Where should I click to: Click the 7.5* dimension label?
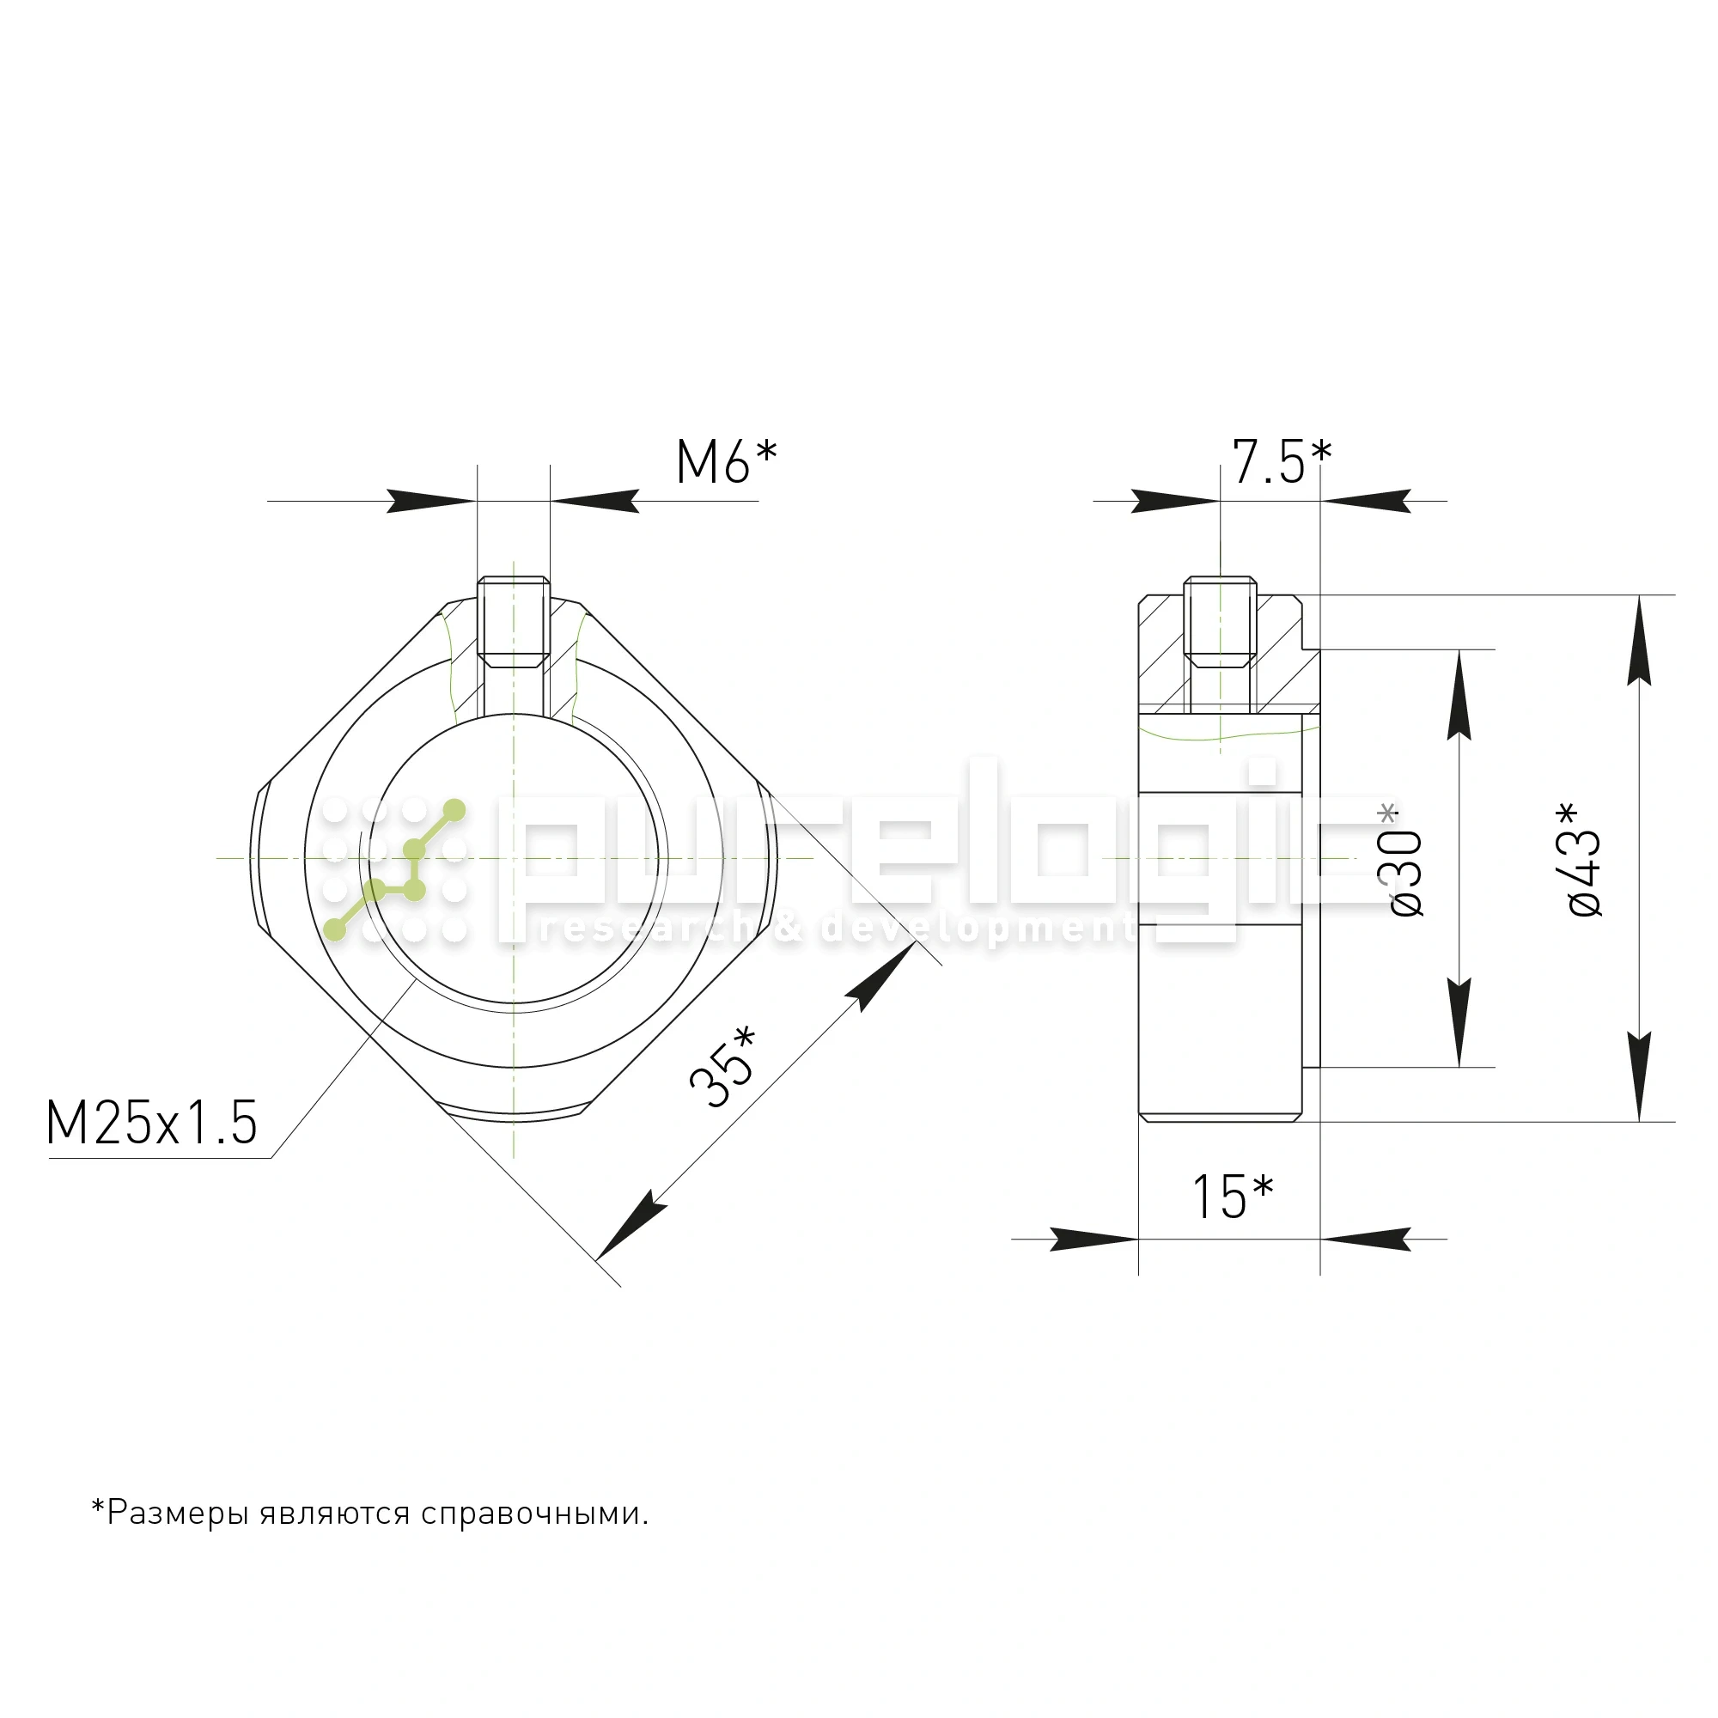pyautogui.click(x=1281, y=462)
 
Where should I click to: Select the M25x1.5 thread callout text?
pyautogui.click(x=152, y=1123)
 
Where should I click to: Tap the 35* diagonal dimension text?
pyautogui.click(x=722, y=1066)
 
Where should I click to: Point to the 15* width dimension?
pyautogui.click(x=1232, y=1197)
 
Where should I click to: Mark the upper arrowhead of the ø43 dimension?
pyautogui.click(x=1640, y=640)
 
